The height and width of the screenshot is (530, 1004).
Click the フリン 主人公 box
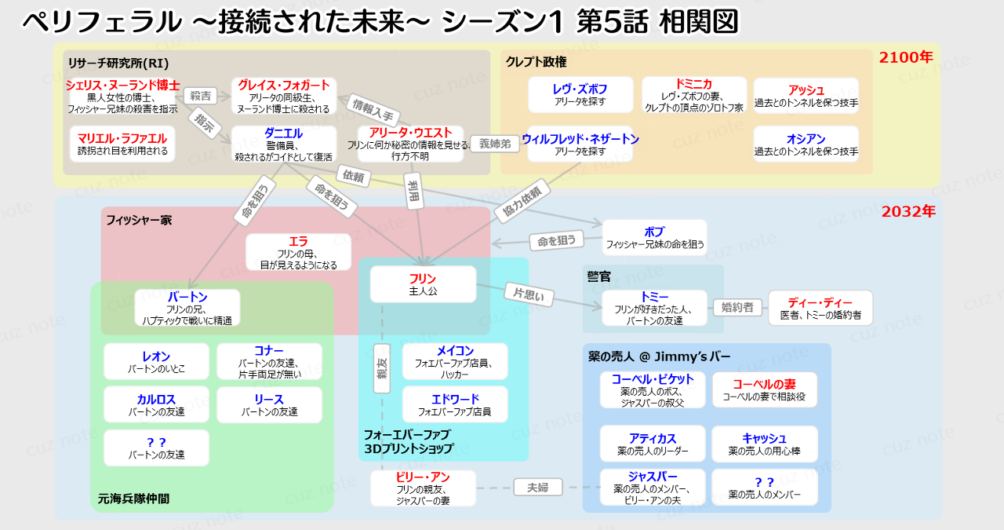point(423,284)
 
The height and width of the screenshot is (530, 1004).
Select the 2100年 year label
point(905,57)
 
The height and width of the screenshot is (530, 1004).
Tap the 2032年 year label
point(908,211)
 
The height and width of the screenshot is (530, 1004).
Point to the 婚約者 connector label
point(737,307)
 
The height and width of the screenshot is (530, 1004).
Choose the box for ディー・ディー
point(820,308)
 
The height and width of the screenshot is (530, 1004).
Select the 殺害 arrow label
point(200,96)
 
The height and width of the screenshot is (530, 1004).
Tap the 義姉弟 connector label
point(496,144)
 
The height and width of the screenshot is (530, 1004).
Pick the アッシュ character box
point(806,96)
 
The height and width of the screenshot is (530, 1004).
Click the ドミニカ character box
point(693,95)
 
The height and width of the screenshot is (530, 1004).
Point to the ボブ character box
point(654,237)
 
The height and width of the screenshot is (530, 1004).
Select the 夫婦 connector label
point(538,488)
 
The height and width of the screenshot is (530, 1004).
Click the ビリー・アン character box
point(423,488)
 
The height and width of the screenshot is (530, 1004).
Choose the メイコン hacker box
point(455,361)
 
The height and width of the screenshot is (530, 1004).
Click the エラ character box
point(298,252)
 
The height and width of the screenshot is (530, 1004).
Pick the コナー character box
point(269,361)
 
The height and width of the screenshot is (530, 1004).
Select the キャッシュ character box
point(764,444)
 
